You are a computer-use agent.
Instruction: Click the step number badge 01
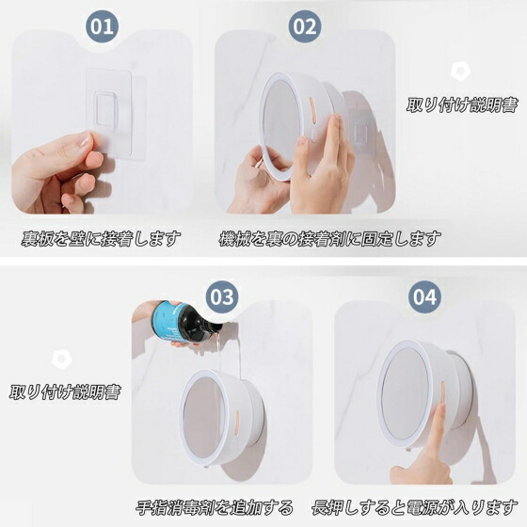click(103, 26)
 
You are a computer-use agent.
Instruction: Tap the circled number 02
click(305, 26)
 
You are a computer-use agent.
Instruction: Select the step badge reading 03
click(222, 297)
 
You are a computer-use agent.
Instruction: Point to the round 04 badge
click(424, 297)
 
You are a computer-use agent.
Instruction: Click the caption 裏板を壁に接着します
click(101, 239)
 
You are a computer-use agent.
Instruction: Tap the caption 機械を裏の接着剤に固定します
click(329, 239)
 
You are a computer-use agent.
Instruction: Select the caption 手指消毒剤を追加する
click(215, 507)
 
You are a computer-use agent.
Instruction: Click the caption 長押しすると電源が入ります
click(415, 507)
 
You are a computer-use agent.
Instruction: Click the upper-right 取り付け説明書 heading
click(462, 104)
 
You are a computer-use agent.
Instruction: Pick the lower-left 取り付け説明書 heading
click(65, 391)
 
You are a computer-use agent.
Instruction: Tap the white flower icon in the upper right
click(460, 72)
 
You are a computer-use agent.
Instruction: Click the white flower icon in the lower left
click(62, 359)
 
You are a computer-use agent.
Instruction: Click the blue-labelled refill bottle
click(184, 323)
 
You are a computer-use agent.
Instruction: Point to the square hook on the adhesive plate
click(106, 108)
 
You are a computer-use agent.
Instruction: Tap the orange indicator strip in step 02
click(311, 108)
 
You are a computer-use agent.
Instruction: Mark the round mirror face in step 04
click(406, 393)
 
